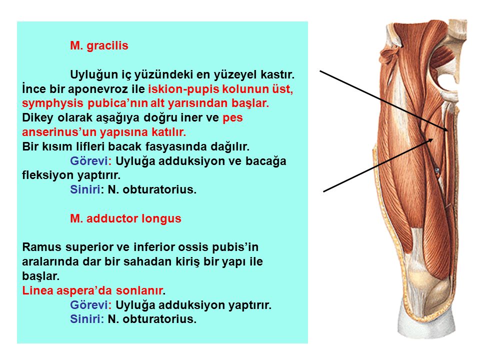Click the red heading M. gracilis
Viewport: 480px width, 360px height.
tap(99, 46)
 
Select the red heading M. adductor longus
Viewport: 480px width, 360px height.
tap(125, 218)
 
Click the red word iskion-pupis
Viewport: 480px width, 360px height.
tap(183, 89)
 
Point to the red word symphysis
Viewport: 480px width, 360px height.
tap(52, 103)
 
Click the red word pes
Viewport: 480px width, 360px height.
tap(232, 118)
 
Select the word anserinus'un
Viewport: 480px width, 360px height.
tap(58, 132)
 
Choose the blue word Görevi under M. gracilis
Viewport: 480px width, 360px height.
tap(89, 161)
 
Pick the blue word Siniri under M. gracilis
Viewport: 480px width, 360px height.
tap(85, 190)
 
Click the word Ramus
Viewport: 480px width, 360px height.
tap(42, 247)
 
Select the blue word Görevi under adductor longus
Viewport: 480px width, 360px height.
tap(89, 305)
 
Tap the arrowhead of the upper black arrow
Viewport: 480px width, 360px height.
tap(445, 129)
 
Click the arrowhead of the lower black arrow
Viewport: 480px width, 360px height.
tap(430, 140)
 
